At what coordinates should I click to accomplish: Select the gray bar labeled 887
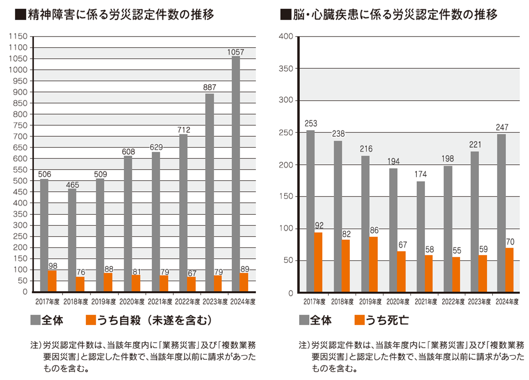point(210,193)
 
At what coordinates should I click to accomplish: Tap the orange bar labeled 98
point(52,281)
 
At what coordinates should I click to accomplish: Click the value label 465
point(72,185)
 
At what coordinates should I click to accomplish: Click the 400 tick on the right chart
point(286,37)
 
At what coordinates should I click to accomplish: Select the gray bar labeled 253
point(310,211)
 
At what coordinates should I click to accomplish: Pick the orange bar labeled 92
point(318,262)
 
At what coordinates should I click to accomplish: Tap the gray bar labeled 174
point(421,236)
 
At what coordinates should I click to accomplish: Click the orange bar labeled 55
point(456,275)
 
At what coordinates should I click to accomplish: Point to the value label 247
point(502,128)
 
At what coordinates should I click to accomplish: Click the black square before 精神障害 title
point(21,14)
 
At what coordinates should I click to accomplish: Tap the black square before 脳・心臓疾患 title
point(286,14)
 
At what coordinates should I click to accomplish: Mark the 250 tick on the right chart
point(286,132)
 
